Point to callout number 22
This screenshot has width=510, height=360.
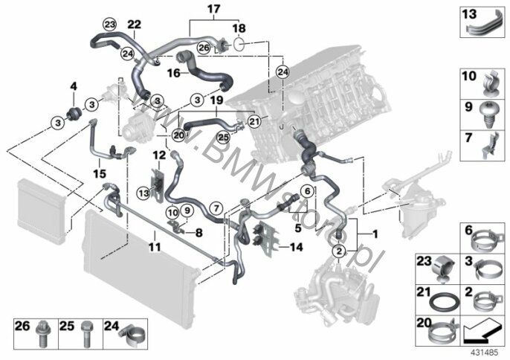133,25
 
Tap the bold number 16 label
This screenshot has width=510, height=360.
173,74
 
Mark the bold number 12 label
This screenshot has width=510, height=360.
158,155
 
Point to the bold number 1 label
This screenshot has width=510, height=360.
375,235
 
